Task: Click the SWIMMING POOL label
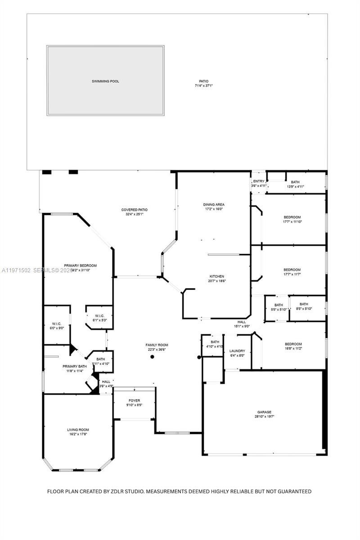click(x=105, y=81)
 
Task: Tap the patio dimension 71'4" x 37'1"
click(x=203, y=85)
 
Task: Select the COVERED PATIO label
click(x=134, y=210)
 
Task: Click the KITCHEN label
click(x=216, y=276)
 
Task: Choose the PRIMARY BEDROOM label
click(x=80, y=265)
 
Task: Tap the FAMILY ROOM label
click(x=157, y=345)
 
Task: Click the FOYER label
click(x=134, y=400)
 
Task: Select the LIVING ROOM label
click(x=78, y=430)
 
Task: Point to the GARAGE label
click(x=264, y=412)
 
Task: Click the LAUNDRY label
click(x=237, y=351)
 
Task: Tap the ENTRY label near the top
click(x=259, y=181)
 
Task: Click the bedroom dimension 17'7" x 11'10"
click(x=292, y=221)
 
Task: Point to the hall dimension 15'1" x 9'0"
click(x=242, y=326)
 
